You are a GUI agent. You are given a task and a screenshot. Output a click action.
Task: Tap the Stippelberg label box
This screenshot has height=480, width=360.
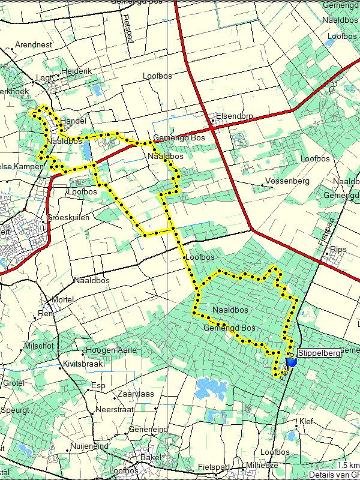(319, 353)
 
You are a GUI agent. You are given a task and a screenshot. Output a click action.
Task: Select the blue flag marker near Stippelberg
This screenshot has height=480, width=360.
(292, 362)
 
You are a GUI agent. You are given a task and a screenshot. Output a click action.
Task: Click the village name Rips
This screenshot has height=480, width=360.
(338, 249)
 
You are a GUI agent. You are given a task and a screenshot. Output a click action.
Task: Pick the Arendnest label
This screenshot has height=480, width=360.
(34, 44)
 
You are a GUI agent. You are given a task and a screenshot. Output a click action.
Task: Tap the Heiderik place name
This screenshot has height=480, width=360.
(77, 71)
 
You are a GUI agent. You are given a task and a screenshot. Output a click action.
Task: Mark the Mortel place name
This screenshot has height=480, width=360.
(63, 299)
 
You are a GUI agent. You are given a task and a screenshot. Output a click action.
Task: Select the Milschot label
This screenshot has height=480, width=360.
(39, 346)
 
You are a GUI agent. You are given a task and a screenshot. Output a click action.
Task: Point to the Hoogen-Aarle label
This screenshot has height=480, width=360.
(111, 350)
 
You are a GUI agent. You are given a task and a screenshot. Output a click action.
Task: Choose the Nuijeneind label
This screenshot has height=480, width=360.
(89, 446)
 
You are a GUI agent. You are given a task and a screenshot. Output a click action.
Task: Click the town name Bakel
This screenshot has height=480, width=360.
(151, 457)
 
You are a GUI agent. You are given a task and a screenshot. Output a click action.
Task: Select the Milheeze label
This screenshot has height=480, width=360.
(263, 466)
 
